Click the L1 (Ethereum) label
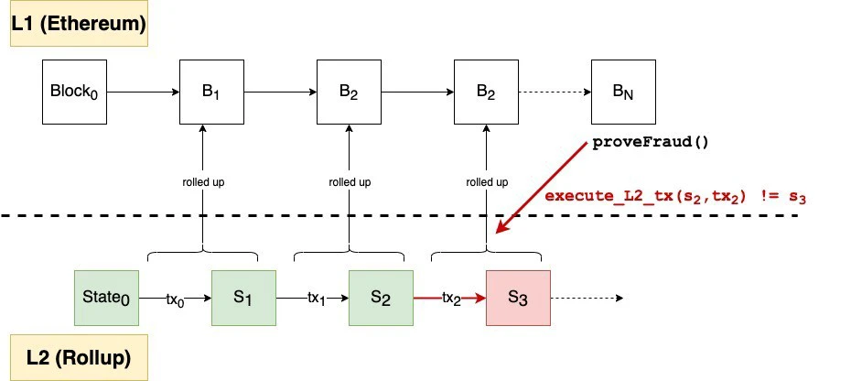pos(79,25)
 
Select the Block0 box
pos(74,93)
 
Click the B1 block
pos(211,93)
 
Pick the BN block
pos(623,93)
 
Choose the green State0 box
pos(106,298)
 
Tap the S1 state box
pos(243,298)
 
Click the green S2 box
pos(381,298)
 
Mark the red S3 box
pos(518,298)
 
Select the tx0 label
pos(175,299)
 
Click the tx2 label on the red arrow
pos(449,299)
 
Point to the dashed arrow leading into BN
pos(555,93)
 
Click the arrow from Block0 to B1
pos(143,93)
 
